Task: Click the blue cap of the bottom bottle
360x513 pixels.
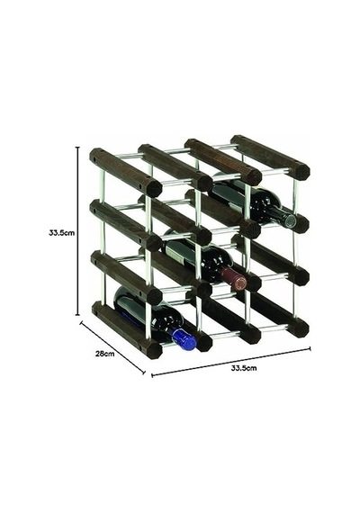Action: coord(184,339)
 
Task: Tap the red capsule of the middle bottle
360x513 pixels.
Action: coord(234,280)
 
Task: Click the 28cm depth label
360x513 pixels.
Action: coord(104,354)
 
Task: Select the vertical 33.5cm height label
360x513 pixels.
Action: coord(61,233)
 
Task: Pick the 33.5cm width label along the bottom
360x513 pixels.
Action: coord(244,368)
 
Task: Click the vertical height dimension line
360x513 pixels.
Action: coord(78,231)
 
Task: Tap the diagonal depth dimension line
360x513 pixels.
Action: coord(112,347)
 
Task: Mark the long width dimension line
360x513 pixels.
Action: coord(231,362)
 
